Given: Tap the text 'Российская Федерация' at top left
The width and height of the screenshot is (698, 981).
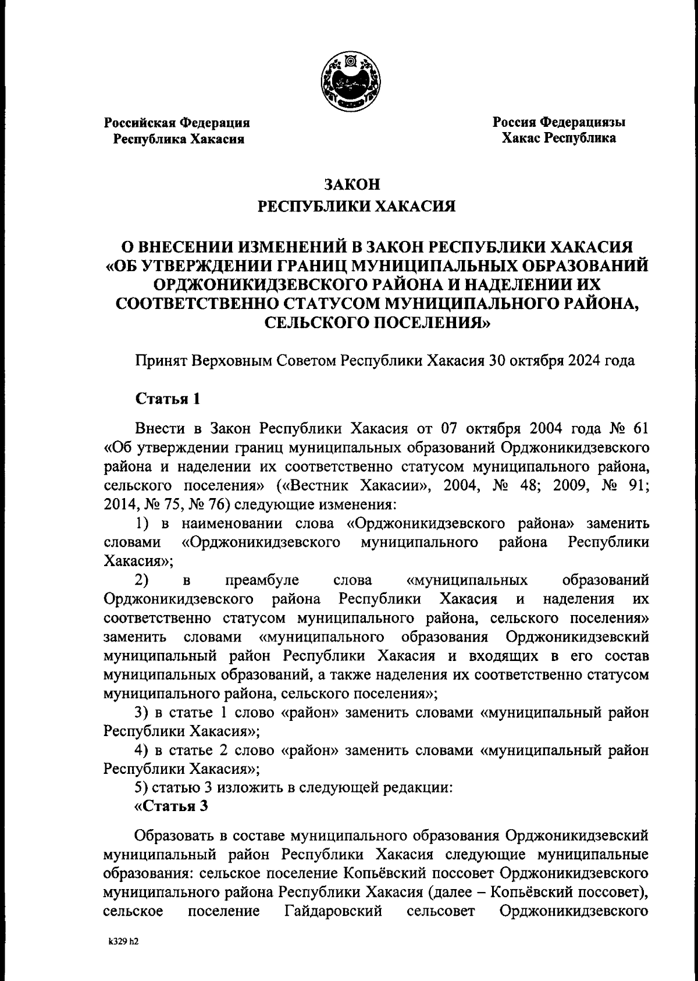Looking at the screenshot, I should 177,123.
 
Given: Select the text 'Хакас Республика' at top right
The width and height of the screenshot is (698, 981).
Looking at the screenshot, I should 559,138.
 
